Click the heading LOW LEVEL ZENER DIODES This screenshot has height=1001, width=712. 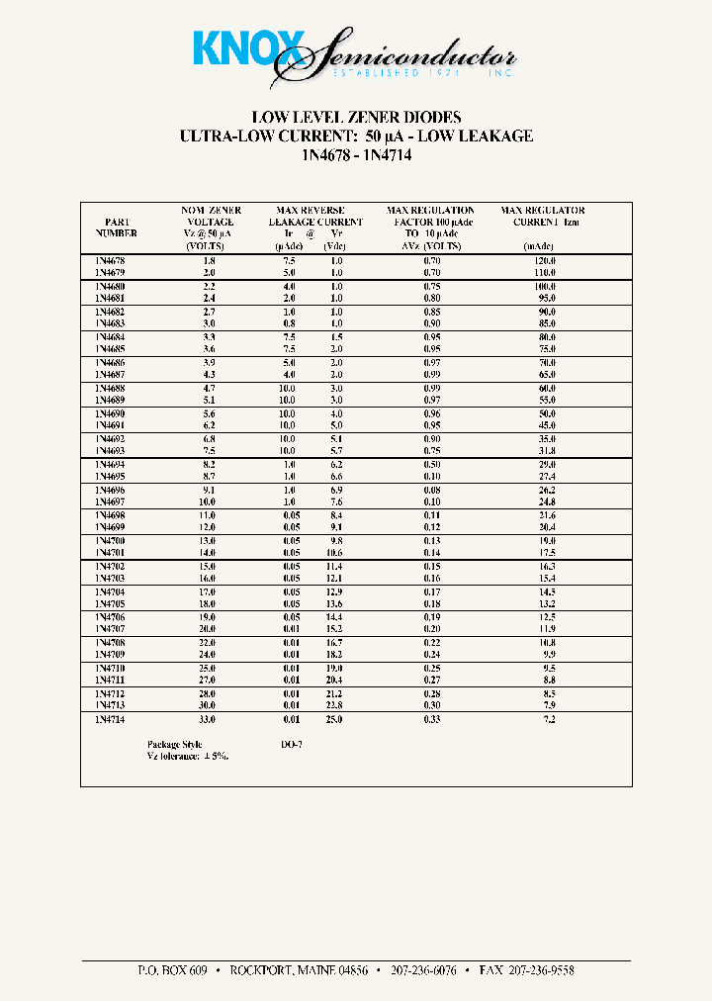point(356,118)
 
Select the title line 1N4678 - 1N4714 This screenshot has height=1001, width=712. point(356,154)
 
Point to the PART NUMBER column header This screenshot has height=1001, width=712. point(116,227)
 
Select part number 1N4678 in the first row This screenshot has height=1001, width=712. point(110,260)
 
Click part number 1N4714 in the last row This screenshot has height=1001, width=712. point(110,720)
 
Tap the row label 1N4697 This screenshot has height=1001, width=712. point(110,502)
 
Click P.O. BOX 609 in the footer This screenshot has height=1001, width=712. point(172,970)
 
